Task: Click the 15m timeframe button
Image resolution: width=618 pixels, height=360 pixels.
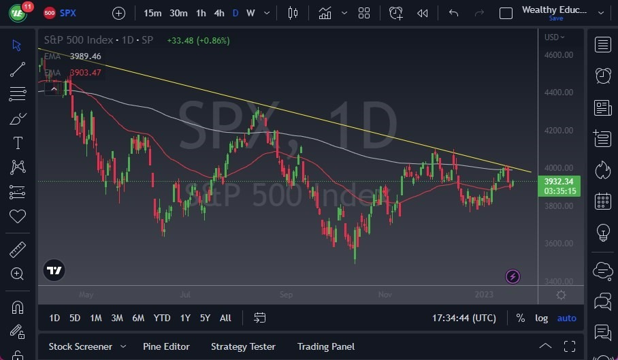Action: pyautogui.click(x=153, y=13)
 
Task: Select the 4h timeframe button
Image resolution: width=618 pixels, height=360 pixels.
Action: pyautogui.click(x=218, y=13)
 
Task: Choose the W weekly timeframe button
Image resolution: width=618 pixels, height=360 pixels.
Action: pyautogui.click(x=250, y=13)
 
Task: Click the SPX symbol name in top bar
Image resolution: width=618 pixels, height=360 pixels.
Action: pyautogui.click(x=68, y=13)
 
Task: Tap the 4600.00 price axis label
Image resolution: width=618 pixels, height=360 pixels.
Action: pyautogui.click(x=559, y=54)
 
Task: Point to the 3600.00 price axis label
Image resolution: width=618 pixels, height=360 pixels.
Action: pyautogui.click(x=559, y=243)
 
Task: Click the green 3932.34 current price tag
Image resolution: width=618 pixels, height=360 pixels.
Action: pyautogui.click(x=559, y=181)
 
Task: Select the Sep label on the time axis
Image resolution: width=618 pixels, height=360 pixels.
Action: pyautogui.click(x=286, y=295)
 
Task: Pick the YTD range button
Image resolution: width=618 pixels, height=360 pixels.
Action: pyautogui.click(x=162, y=318)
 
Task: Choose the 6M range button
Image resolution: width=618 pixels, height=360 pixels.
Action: pyautogui.click(x=138, y=318)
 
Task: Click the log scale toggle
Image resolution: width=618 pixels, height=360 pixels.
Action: pyautogui.click(x=541, y=318)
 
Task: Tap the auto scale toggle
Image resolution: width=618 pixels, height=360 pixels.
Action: pyautogui.click(x=566, y=318)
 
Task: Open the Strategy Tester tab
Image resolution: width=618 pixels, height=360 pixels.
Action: pyautogui.click(x=243, y=346)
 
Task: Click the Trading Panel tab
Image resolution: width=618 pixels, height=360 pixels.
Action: pyautogui.click(x=326, y=346)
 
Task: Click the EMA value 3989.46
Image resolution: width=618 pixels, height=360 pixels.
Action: pyautogui.click(x=85, y=56)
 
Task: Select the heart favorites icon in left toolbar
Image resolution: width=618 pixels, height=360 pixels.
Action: pyautogui.click(x=18, y=216)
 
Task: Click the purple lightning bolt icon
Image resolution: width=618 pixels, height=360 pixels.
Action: pyautogui.click(x=513, y=276)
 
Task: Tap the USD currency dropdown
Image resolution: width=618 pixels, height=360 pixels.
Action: pyautogui.click(x=554, y=37)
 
